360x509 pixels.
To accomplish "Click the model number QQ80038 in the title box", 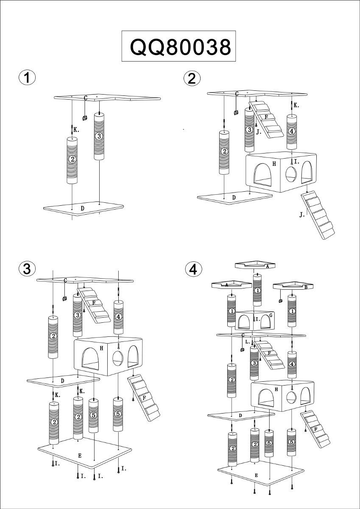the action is [180, 47].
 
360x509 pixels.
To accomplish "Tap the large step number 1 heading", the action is [27, 77].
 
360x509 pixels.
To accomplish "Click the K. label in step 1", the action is [76, 130].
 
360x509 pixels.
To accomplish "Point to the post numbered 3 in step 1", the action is [99, 136].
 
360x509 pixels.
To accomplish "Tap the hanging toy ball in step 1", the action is [85, 118].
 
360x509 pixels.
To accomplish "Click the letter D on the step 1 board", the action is [83, 208].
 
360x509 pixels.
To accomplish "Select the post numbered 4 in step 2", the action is [292, 131].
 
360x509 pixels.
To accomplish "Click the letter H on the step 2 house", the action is [274, 164].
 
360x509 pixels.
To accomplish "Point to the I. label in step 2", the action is [296, 162].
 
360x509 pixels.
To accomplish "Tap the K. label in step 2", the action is [296, 105].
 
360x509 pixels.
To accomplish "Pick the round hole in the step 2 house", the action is [290, 174].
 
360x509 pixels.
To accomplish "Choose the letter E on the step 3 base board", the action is [80, 456].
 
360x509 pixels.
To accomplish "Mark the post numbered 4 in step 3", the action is [118, 317].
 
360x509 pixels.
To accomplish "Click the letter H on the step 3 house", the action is [101, 348].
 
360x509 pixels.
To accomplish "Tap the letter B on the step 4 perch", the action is [306, 288].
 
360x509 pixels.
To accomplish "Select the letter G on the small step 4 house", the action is [271, 315].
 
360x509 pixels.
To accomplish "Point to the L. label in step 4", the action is [248, 342].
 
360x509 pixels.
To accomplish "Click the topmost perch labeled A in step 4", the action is [255, 265].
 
